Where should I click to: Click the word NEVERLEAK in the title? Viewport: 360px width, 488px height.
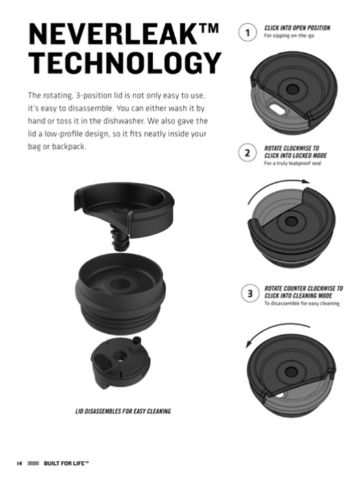click(x=114, y=34)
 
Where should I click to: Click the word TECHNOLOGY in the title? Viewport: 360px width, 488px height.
click(x=125, y=63)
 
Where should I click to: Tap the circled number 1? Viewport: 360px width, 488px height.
click(x=248, y=32)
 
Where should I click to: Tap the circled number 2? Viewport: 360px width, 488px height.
click(x=248, y=153)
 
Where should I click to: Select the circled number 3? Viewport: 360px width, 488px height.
click(x=250, y=294)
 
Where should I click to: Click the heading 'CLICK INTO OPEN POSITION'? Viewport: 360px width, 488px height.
click(x=297, y=28)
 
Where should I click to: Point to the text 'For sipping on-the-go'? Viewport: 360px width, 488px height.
click(x=289, y=36)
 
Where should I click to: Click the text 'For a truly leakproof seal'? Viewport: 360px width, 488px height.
click(x=293, y=163)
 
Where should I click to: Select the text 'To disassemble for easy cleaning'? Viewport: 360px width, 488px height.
click(x=302, y=303)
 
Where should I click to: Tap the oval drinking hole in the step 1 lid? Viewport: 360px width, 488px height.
click(x=276, y=109)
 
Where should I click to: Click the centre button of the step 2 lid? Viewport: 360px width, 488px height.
click(x=291, y=222)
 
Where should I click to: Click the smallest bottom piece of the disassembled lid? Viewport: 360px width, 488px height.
click(x=120, y=362)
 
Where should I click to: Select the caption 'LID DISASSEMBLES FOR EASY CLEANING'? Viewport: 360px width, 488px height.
click(x=123, y=412)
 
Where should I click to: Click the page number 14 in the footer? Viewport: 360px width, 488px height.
click(x=19, y=463)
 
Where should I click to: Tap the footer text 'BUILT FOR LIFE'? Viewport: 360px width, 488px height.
click(x=66, y=463)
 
